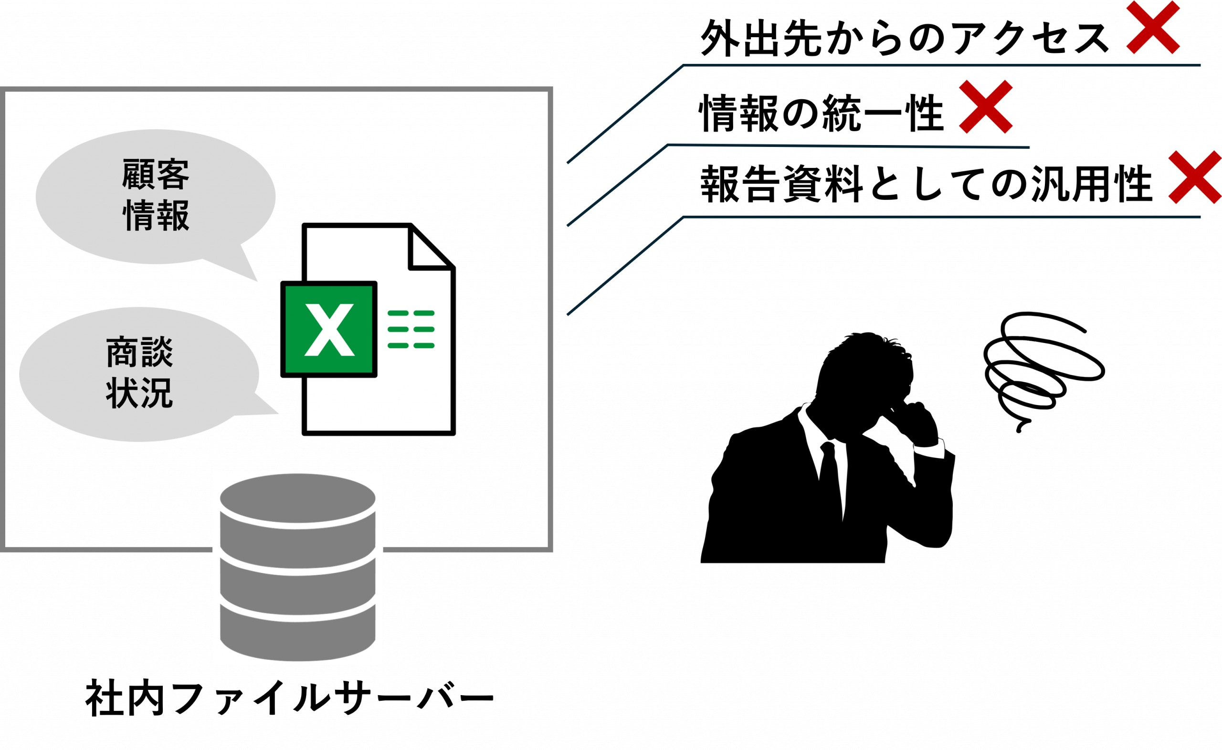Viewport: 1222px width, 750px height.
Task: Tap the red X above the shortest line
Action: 985,107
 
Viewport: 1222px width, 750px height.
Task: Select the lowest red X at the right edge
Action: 1195,177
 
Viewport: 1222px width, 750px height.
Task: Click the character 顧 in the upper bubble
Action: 137,174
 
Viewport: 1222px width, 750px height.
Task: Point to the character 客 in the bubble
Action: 173,174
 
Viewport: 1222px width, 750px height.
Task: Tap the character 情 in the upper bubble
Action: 137,215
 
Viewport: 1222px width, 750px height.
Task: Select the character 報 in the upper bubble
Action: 173,215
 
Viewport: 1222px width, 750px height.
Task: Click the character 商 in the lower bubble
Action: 122,352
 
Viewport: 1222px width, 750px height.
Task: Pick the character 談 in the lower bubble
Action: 157,352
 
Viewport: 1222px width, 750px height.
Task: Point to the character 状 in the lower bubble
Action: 122,393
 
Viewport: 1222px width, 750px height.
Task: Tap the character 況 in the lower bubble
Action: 157,393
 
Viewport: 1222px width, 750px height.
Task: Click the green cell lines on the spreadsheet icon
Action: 411,329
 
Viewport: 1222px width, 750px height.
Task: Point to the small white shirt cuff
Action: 930,449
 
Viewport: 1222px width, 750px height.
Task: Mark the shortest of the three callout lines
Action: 843,146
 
